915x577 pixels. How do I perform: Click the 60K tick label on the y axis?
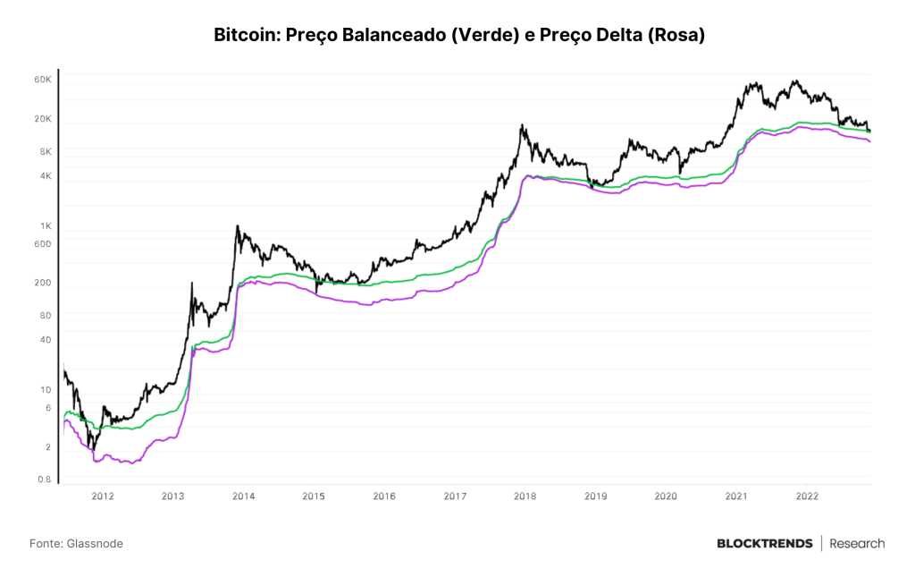tap(43, 80)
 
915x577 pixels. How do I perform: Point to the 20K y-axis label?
tap(43, 119)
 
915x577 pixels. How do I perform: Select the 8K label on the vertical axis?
tap(46, 151)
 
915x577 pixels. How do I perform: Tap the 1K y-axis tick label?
tap(46, 226)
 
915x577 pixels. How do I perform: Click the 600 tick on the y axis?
tap(43, 244)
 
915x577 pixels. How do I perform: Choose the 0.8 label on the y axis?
tap(45, 479)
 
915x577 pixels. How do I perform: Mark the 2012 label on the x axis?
tap(103, 496)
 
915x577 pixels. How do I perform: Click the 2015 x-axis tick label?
tap(314, 496)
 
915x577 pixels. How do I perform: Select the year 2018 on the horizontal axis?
tap(525, 496)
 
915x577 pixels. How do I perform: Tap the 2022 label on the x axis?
tap(807, 496)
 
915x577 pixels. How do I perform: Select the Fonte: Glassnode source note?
tap(77, 544)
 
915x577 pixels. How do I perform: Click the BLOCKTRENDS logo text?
tap(765, 544)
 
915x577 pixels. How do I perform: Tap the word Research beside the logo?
tap(857, 544)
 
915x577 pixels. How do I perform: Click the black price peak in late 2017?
tap(522, 124)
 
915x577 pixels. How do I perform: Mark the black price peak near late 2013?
tap(237, 225)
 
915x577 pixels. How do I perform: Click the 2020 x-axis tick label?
tap(666, 496)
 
